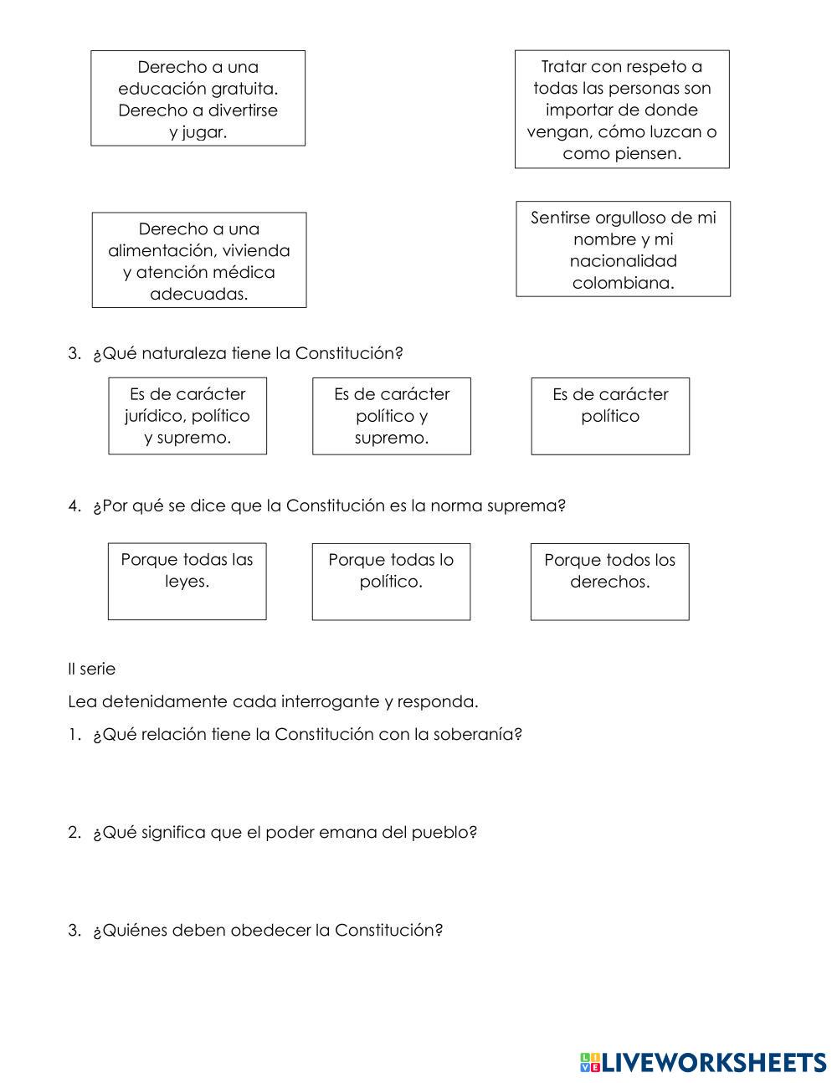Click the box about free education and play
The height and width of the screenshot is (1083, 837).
tap(198, 98)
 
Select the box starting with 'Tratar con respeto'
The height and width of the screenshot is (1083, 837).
tap(621, 109)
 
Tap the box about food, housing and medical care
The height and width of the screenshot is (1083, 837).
tap(198, 260)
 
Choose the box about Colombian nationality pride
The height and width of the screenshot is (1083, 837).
tap(623, 249)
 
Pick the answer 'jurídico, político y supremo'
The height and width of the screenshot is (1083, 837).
tap(187, 416)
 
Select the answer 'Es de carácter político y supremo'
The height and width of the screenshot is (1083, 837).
tap(391, 416)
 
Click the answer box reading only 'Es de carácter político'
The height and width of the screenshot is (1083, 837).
tap(610, 416)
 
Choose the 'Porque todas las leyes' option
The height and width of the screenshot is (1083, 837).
tap(187, 581)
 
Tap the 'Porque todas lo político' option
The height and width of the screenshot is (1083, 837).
tap(391, 581)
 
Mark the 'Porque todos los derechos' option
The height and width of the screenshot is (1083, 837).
tap(609, 581)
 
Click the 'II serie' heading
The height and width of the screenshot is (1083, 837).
tap(92, 670)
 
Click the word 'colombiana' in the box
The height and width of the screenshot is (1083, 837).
tap(623, 283)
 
